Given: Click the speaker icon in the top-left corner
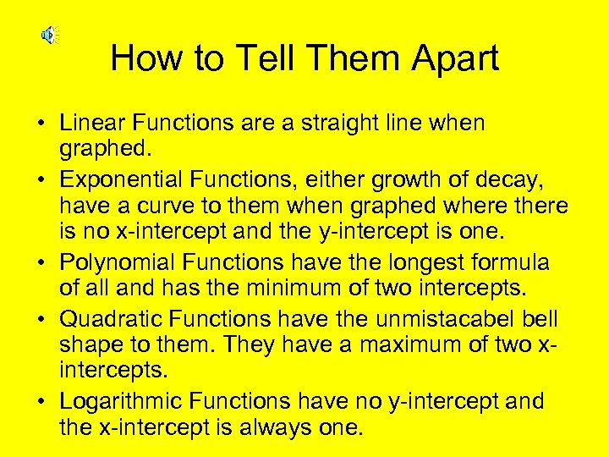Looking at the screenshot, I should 48,35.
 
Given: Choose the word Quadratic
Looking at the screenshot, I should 111,319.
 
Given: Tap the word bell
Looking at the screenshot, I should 540,319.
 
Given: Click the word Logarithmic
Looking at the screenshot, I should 123,400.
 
